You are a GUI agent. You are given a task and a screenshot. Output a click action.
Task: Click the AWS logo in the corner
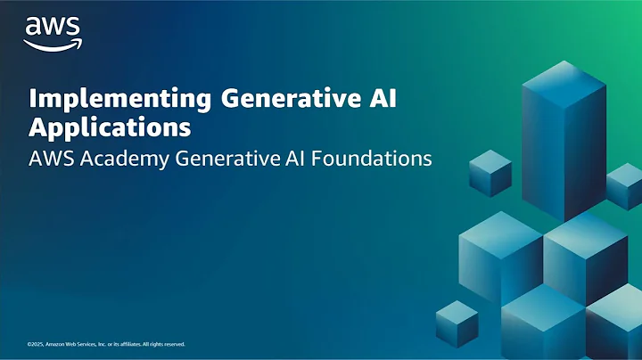(x=53, y=31)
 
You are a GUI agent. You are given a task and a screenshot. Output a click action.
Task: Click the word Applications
(x=110, y=127)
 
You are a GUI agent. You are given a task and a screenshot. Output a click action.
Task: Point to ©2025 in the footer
(x=36, y=344)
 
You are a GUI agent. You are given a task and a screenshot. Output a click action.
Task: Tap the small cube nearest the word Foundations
(x=489, y=173)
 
